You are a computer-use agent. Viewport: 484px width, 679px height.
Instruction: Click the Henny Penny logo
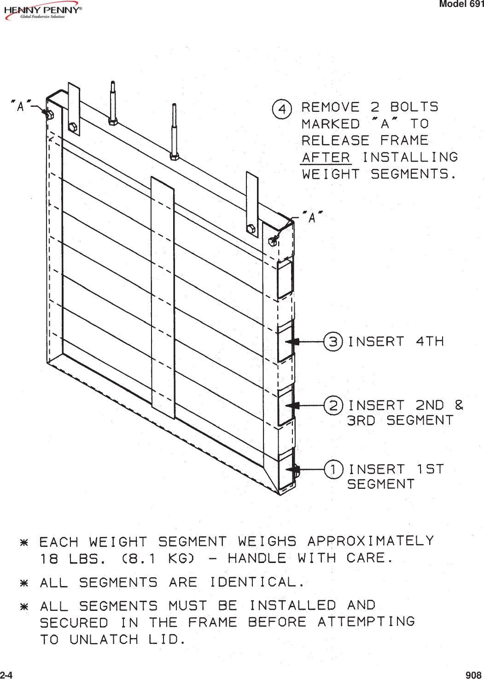42,12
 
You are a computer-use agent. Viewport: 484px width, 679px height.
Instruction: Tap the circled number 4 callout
281,110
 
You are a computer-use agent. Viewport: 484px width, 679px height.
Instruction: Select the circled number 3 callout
333,342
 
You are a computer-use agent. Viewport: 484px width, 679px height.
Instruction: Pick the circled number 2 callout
333,406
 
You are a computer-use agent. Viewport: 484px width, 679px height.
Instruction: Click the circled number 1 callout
333,470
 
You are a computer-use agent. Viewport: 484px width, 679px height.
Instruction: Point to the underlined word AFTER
326,157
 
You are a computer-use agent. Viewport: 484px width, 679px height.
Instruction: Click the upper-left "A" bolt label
21,106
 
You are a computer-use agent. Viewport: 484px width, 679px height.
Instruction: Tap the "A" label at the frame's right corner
312,218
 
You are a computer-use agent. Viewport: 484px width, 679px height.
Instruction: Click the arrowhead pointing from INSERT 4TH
292,342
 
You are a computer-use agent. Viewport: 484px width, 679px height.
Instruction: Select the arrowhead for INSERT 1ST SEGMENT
292,470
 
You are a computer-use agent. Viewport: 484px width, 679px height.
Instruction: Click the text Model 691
461,4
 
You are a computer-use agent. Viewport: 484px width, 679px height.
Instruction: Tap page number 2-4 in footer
6,675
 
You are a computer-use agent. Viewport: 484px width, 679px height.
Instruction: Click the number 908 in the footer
473,675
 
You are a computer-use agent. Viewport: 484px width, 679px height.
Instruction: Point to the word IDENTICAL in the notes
253,582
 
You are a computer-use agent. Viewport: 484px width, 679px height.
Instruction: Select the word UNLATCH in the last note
104,639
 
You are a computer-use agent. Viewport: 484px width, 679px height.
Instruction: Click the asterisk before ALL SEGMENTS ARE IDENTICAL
24,583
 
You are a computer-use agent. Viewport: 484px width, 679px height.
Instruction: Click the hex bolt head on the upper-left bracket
73,127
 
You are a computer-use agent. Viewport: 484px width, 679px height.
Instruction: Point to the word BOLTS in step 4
414,107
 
